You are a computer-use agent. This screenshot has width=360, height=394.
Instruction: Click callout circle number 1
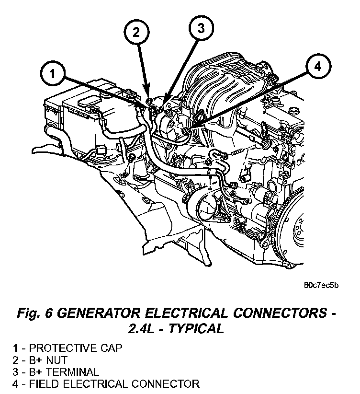51,74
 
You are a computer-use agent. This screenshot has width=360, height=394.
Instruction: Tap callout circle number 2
137,32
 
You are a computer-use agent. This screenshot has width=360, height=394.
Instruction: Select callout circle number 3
201,29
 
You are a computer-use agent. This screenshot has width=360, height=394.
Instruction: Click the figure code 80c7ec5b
321,286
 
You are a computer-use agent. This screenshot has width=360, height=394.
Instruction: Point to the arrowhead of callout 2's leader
149,101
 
